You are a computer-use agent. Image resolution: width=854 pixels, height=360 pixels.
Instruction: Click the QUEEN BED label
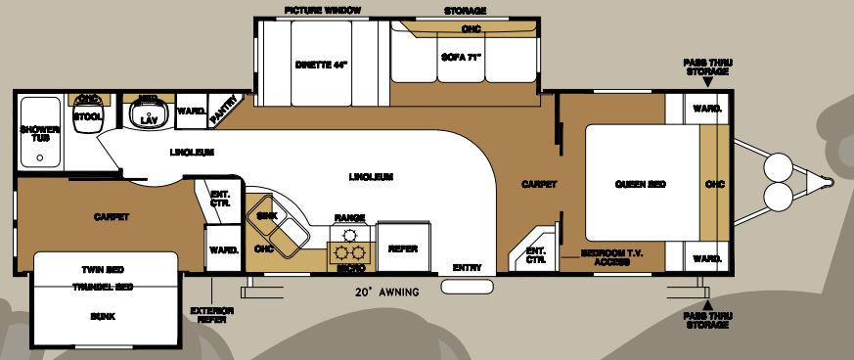point(641,184)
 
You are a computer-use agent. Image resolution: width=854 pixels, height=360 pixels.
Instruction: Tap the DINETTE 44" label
point(322,66)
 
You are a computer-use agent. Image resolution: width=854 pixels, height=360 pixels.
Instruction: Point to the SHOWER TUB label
point(39,134)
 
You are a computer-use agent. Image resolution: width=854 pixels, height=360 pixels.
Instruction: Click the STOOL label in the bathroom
point(88,116)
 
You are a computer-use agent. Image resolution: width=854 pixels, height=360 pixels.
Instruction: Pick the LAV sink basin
point(149,118)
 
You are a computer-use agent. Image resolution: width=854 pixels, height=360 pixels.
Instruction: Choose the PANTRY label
point(224,103)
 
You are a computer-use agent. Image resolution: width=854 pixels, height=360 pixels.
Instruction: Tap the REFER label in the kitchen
point(403,248)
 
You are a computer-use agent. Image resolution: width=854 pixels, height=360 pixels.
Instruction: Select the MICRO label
point(350,266)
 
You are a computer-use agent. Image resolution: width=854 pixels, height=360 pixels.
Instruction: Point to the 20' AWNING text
point(387,292)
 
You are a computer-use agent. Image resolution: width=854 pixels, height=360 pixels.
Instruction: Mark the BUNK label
point(102,316)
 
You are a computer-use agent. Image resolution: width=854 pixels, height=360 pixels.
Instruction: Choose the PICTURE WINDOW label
point(323,10)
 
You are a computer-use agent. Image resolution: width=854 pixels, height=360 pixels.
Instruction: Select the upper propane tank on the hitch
point(780,165)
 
